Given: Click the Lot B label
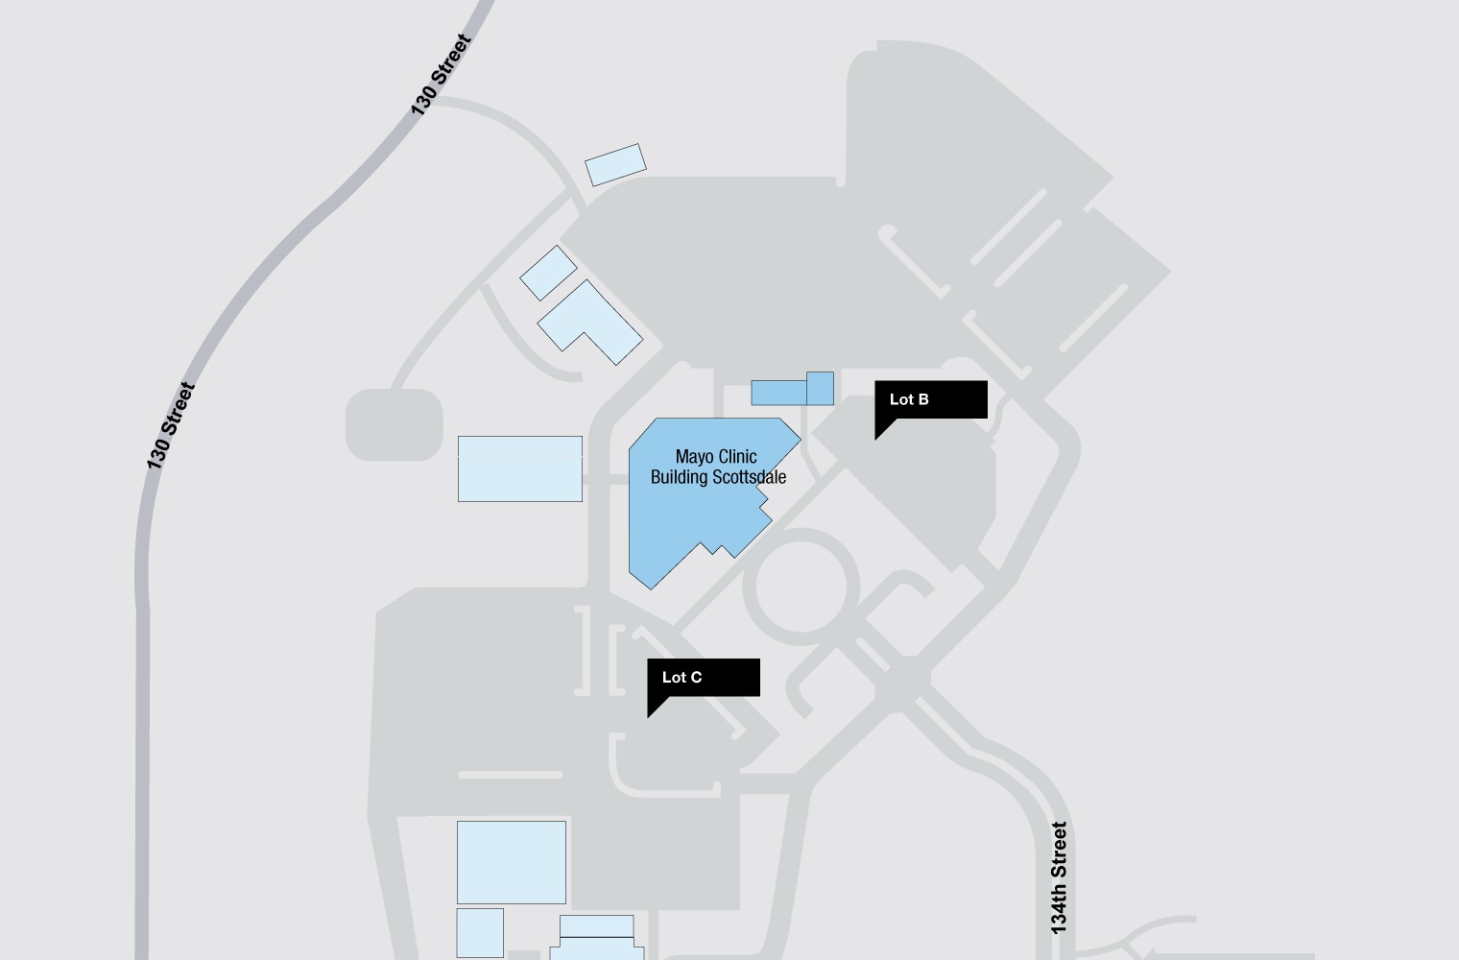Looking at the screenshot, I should tap(909, 399).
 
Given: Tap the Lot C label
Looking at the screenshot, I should tap(682, 678).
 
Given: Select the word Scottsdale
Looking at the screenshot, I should tap(749, 477).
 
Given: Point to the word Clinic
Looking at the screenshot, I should tap(737, 457).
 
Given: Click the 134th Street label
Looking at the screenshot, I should tap(1059, 877).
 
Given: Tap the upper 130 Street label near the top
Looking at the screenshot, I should tap(442, 75).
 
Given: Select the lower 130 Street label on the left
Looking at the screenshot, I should tap(171, 426).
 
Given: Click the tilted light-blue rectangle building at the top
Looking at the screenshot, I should tap(615, 164).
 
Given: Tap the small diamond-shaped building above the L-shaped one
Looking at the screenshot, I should tap(548, 273).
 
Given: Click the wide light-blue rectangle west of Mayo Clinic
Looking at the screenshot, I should tap(519, 468).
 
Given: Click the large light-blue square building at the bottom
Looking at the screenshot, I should tap(511, 862).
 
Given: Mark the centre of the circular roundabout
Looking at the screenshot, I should tap(801, 587).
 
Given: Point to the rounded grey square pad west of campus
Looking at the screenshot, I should tap(394, 423).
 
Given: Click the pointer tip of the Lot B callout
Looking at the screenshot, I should tap(876, 439).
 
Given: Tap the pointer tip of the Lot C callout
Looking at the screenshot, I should tap(649, 716).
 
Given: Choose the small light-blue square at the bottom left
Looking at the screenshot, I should tap(480, 932).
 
